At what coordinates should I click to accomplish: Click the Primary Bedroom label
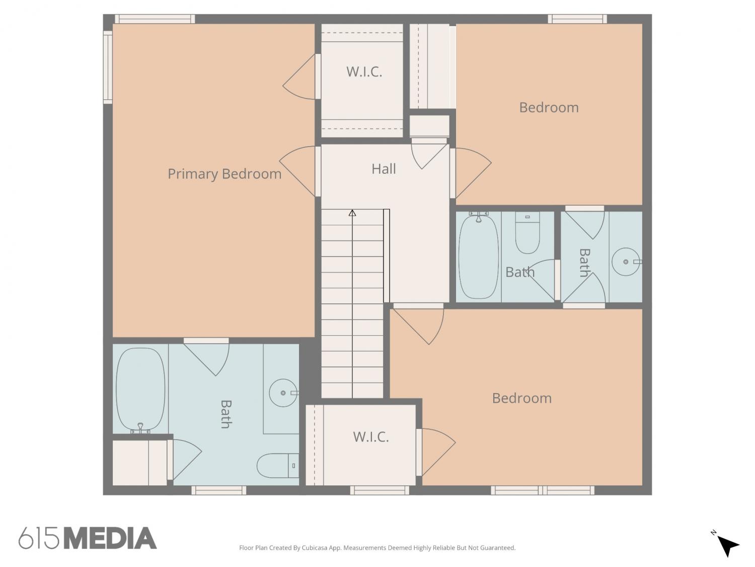tap(224, 174)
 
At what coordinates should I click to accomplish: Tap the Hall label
tap(384, 169)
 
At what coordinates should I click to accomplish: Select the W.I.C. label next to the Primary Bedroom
tap(364, 72)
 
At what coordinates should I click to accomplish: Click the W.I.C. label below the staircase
tap(371, 437)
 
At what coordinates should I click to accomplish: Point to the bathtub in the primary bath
tap(140, 390)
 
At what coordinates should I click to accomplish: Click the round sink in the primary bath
tap(283, 393)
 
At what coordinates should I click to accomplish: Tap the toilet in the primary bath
tap(277, 465)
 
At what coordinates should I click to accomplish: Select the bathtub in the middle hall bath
tap(479, 256)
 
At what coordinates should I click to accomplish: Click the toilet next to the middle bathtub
tap(527, 233)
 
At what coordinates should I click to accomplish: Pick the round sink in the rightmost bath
tap(626, 262)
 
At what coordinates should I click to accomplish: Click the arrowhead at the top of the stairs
tap(352, 213)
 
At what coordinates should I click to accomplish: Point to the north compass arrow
tap(728, 547)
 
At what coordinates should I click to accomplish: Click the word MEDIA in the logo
tap(111, 538)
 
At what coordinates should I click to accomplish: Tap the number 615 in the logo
tap(39, 538)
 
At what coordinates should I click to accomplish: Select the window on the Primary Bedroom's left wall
tap(108, 67)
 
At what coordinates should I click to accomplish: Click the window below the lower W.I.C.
tap(380, 490)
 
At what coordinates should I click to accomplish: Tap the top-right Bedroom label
tap(549, 108)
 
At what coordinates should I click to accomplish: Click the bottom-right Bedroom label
tap(522, 398)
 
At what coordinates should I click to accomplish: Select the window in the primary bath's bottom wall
tap(219, 490)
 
